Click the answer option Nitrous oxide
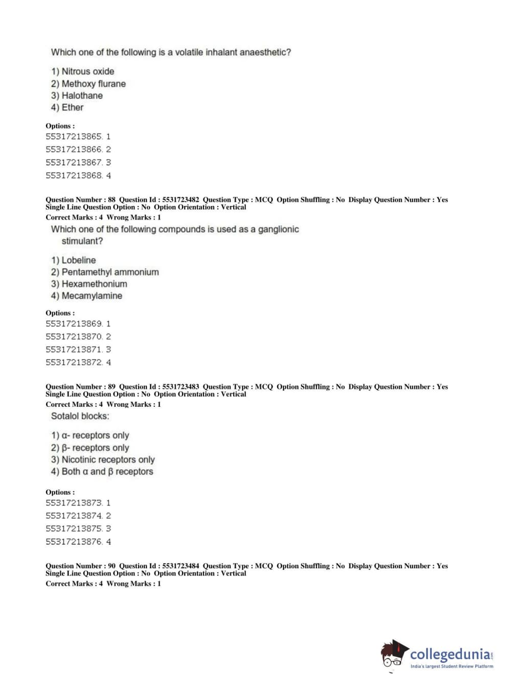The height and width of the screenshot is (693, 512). (82, 72)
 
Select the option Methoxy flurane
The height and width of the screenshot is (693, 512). (88, 84)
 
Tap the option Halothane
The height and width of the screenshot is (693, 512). (77, 96)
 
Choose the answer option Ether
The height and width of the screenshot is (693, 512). (67, 107)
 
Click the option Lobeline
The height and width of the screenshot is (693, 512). (73, 260)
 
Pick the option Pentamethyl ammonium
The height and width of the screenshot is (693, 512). (105, 272)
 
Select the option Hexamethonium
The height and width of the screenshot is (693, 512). (89, 284)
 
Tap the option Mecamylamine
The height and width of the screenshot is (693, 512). (86, 296)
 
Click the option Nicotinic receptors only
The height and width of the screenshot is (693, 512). (103, 459)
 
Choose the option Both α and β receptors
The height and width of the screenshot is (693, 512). (102, 471)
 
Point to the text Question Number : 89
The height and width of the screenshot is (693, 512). (80, 387)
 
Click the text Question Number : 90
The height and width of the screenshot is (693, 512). (80, 566)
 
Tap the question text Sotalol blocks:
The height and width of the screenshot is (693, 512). (80, 416)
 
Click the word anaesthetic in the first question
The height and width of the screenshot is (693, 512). (262, 52)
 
